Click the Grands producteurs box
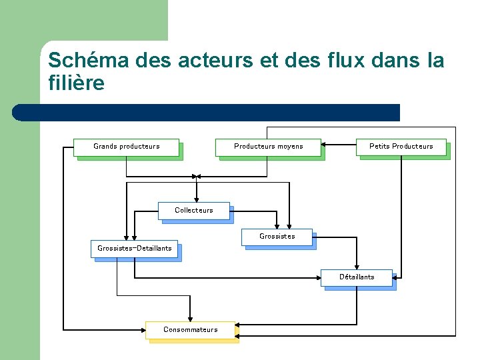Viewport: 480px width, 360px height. pyautogui.click(x=126, y=147)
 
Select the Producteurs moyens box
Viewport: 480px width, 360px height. pyautogui.click(x=268, y=147)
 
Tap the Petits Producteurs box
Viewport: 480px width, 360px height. pyautogui.click(x=401, y=147)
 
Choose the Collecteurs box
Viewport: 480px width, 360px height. pyautogui.click(x=193, y=211)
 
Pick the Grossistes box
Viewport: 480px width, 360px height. pyautogui.click(x=277, y=237)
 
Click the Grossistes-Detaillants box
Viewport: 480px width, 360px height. pyautogui.click(x=134, y=249)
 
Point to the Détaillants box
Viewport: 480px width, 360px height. pyautogui.click(x=357, y=277)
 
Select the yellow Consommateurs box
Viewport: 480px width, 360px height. pyautogui.click(x=190, y=330)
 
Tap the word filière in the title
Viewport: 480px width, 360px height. pyautogui.click(x=77, y=84)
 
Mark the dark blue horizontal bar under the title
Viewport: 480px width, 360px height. pyautogui.click(x=207, y=112)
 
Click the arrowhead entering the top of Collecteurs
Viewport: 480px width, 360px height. pyautogui.click(x=196, y=199)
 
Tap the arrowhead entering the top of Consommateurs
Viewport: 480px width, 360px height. pyautogui.click(x=190, y=319)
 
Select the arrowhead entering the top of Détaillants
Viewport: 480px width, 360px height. pyautogui.click(x=357, y=266)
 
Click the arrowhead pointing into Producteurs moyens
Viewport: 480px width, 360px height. pyautogui.click(x=324, y=143)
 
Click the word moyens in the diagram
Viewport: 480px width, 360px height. pyautogui.click(x=290, y=147)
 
